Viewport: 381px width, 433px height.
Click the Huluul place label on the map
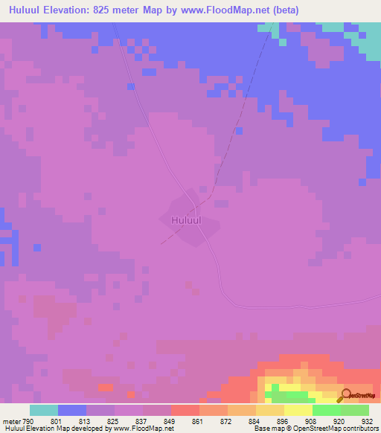[185, 220]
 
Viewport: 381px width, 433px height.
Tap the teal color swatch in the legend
[44, 410]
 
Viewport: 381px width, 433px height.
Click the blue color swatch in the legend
[72, 410]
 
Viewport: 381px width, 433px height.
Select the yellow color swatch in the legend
[298, 410]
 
